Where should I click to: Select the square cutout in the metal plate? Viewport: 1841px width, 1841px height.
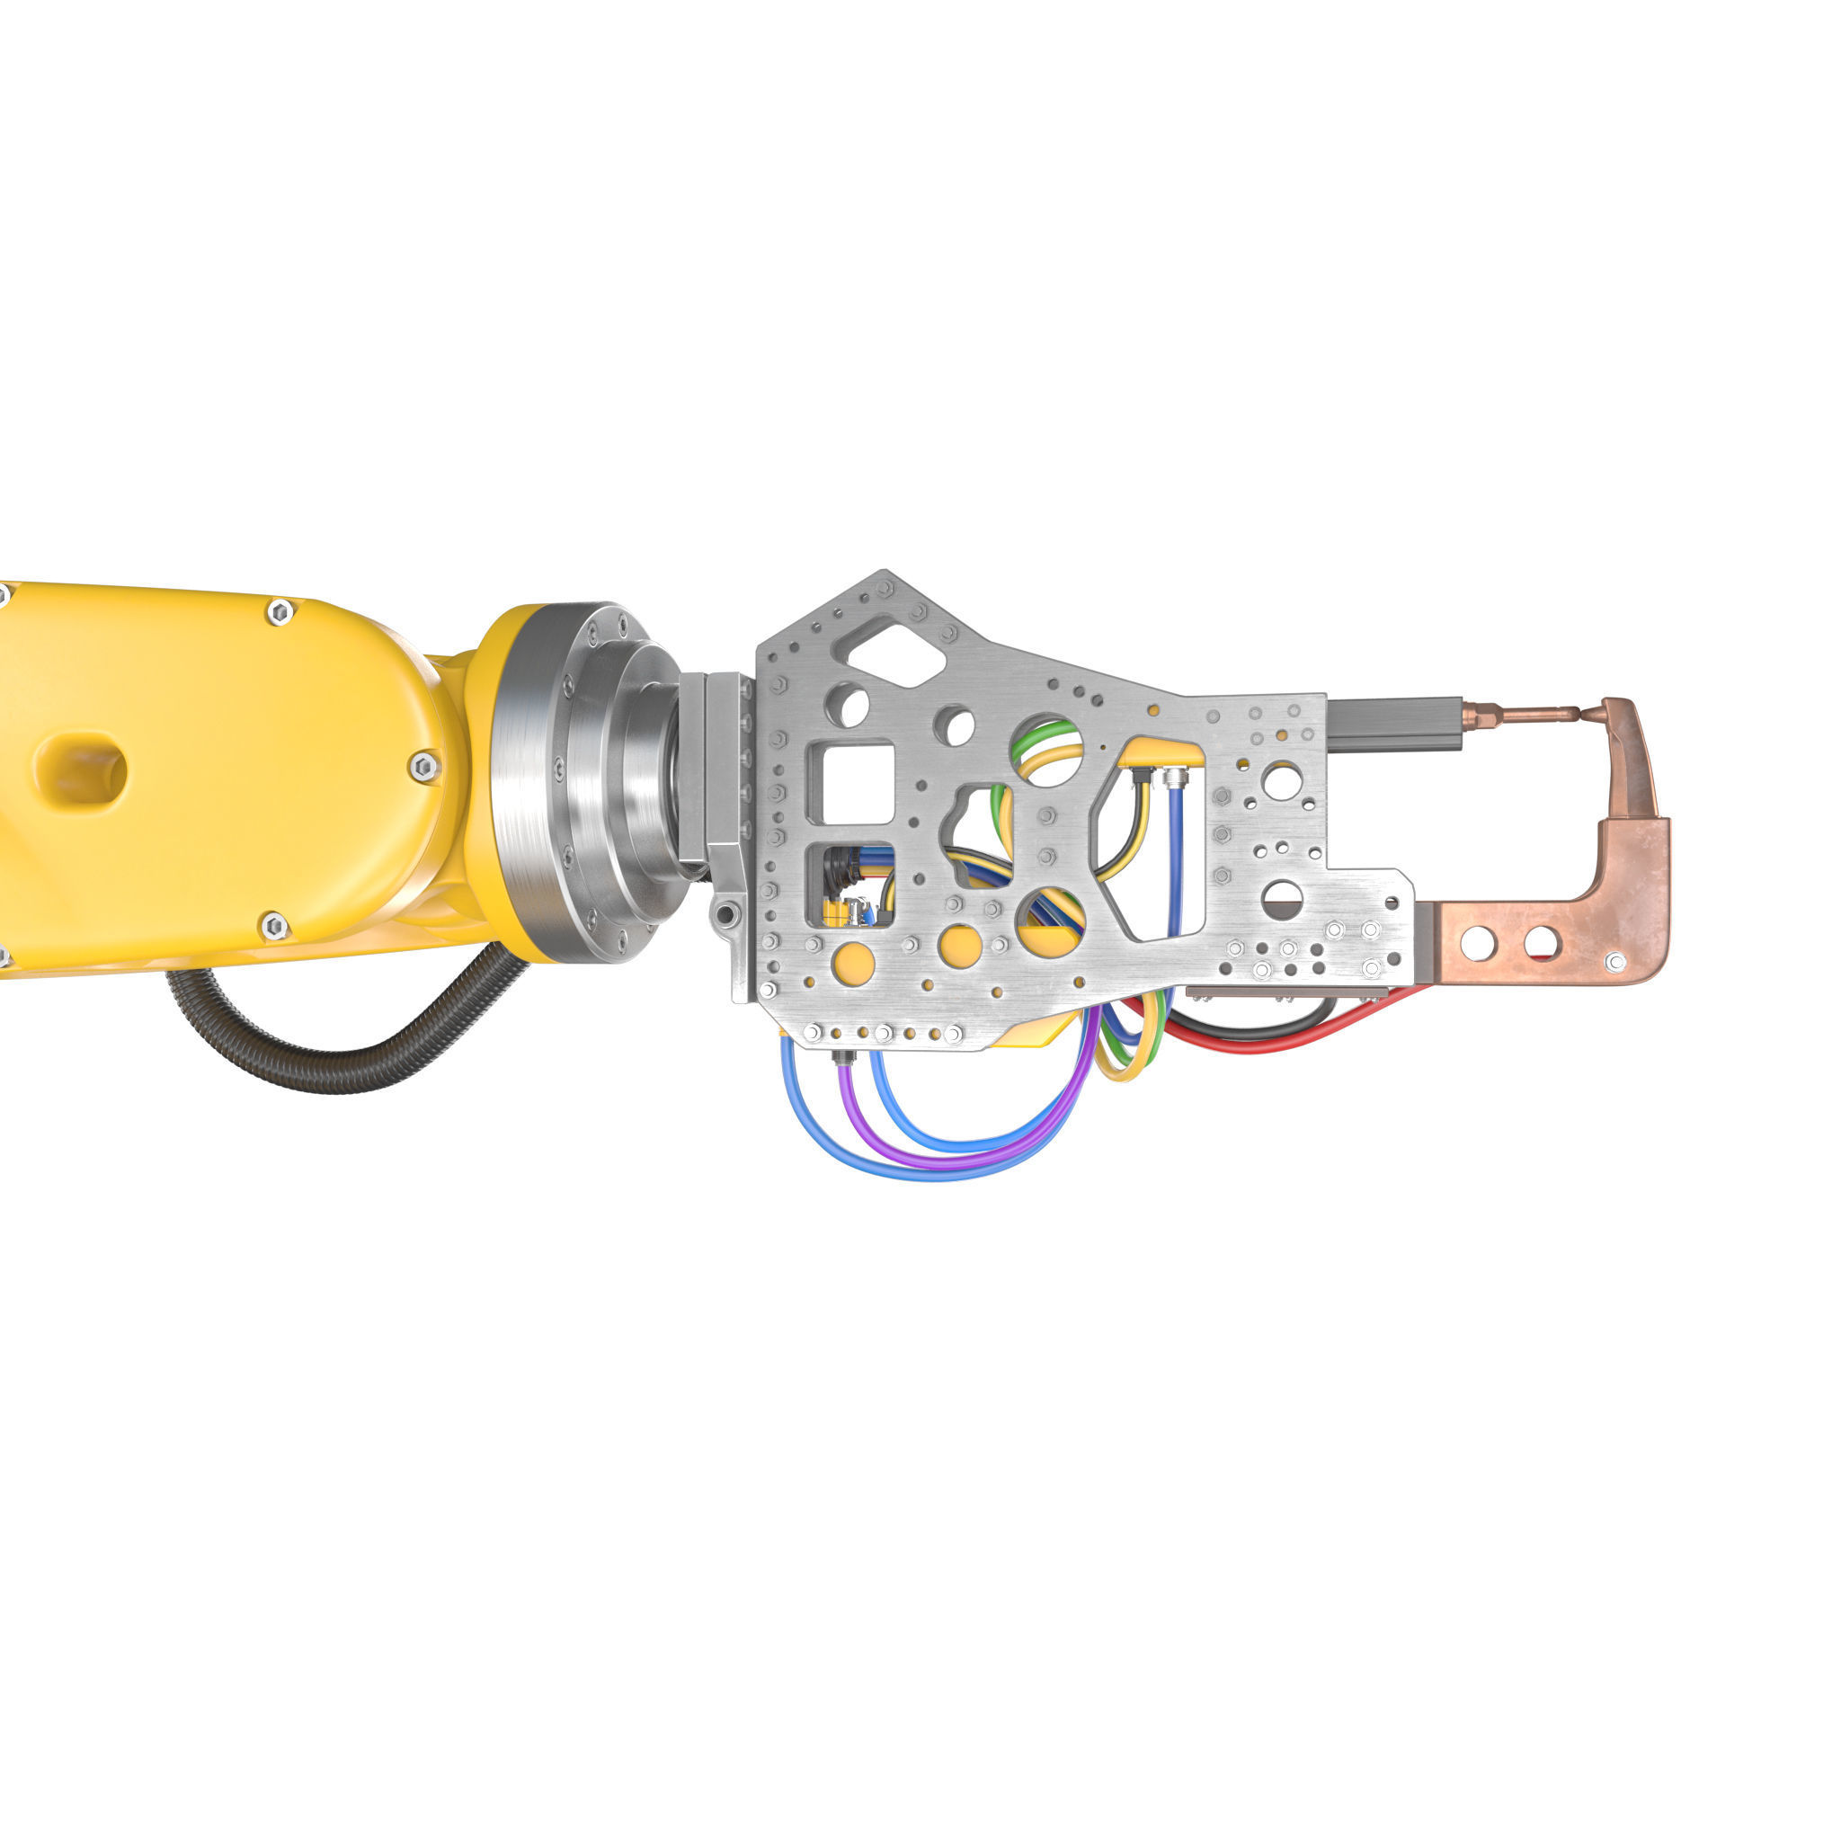point(850,783)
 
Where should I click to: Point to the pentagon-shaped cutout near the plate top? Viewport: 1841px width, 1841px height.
point(890,652)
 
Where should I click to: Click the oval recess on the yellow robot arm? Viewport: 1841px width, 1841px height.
point(82,768)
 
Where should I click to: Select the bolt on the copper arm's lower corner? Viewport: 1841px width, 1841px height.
point(1616,962)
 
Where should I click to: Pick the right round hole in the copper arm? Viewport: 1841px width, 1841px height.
point(1541,943)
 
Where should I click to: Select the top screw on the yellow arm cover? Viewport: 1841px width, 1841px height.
point(280,612)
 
